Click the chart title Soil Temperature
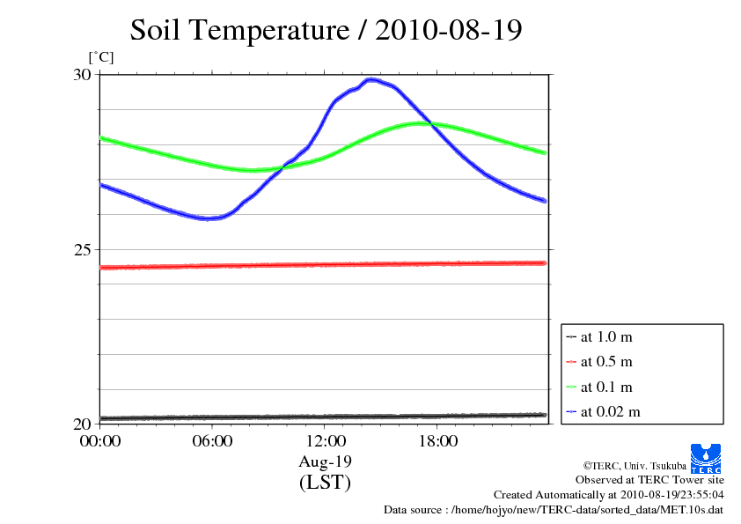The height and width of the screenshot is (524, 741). [x=326, y=30]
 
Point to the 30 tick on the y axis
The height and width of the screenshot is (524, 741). [x=81, y=75]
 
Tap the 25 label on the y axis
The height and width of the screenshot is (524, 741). [x=81, y=249]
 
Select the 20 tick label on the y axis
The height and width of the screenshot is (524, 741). [x=81, y=424]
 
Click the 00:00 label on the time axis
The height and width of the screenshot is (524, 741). [x=99, y=441]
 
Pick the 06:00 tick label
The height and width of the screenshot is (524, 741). [x=212, y=441]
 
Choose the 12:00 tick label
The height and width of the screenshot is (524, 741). [x=325, y=441]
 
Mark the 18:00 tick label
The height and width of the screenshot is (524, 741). [x=437, y=441]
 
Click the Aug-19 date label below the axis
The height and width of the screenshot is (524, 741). [x=325, y=461]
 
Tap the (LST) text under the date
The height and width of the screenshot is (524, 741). [x=325, y=483]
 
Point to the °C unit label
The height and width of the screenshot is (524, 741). [x=101, y=58]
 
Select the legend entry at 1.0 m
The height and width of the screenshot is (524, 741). [x=606, y=336]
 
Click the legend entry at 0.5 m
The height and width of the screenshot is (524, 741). [x=606, y=362]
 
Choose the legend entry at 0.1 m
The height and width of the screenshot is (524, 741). [x=606, y=387]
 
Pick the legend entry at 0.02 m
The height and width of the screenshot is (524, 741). [x=610, y=411]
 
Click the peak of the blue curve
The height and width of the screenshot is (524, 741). [x=372, y=79]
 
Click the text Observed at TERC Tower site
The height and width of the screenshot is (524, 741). [x=649, y=480]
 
